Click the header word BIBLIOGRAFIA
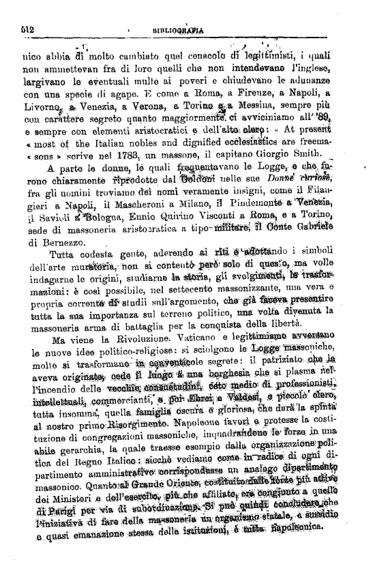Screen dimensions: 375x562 [x=179, y=30]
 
